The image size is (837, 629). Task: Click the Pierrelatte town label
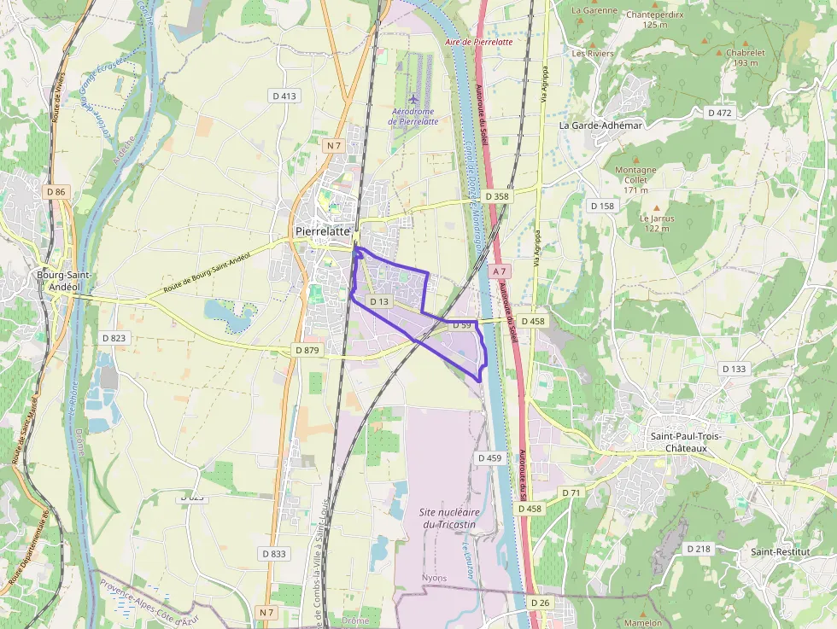coord(322,231)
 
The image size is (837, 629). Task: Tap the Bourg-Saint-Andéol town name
coord(64,281)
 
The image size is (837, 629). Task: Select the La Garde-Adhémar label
coord(600,125)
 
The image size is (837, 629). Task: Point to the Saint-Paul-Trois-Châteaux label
coord(687,442)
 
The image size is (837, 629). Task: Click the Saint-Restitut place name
coord(780,551)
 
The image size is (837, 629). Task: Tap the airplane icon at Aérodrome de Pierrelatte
coord(414,98)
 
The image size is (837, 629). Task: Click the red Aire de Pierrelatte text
coord(479,41)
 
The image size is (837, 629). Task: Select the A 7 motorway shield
coord(500,271)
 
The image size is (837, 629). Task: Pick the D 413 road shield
coord(284,96)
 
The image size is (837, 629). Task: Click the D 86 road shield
coord(56,192)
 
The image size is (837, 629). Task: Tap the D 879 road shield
coord(306,350)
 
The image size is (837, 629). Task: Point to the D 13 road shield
coord(379,302)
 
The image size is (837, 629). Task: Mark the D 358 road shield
coord(497,196)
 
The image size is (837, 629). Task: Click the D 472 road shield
coord(720,113)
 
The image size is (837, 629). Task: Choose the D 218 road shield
coord(698,549)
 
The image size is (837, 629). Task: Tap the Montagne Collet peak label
coord(636,179)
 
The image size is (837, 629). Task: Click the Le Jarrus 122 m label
coord(656,223)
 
